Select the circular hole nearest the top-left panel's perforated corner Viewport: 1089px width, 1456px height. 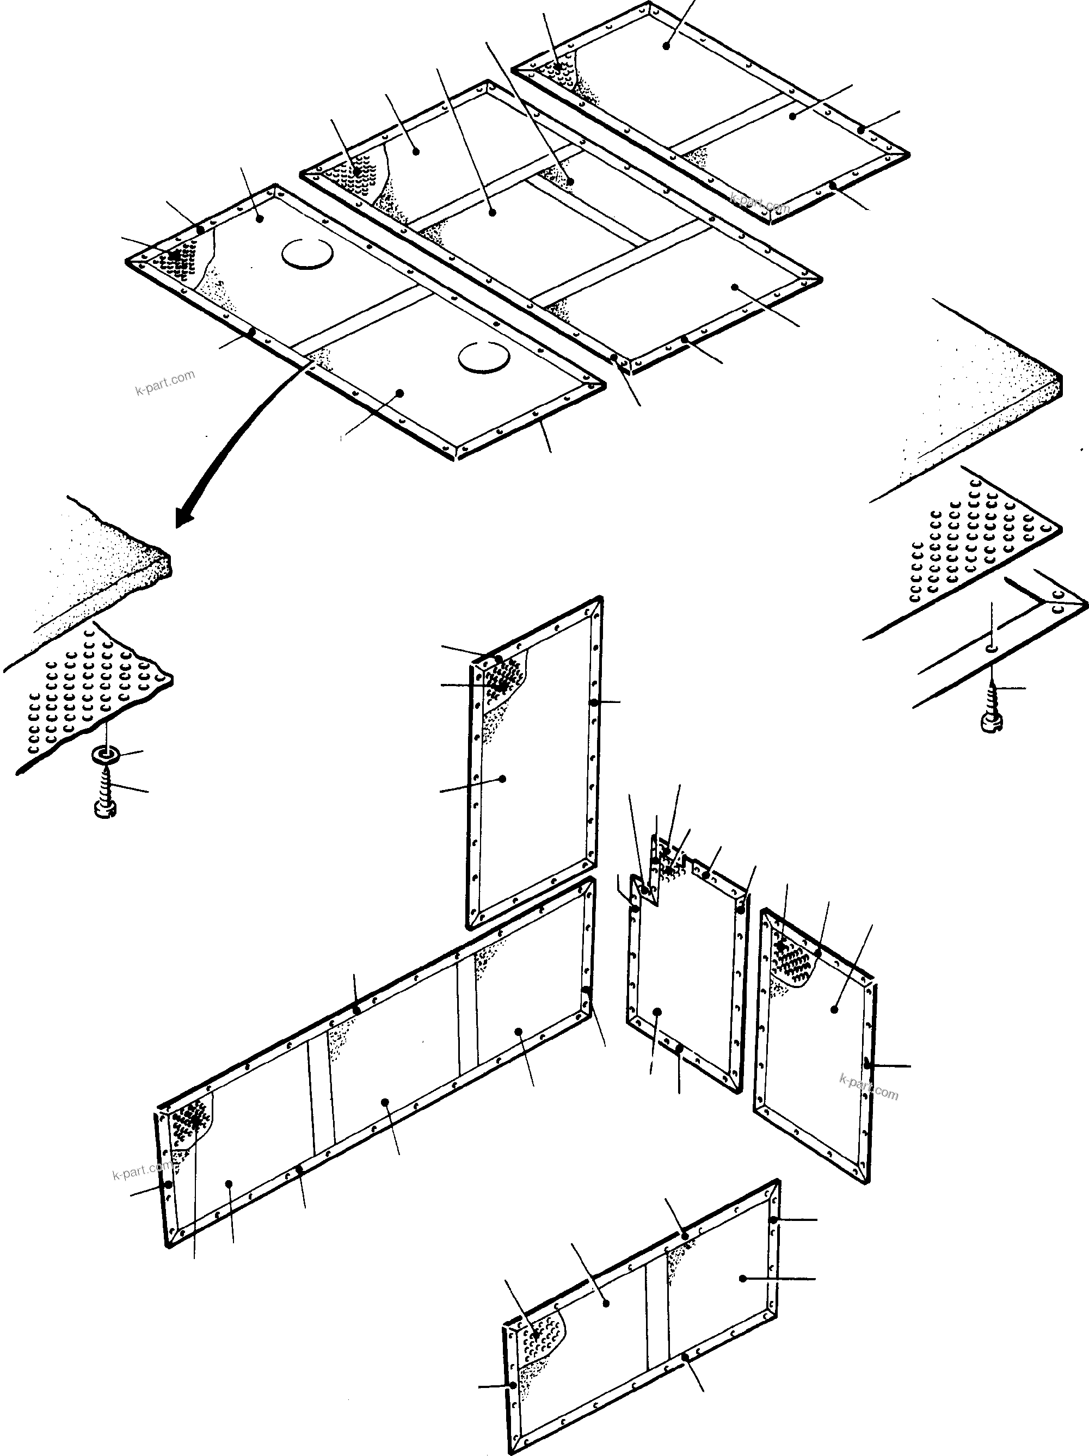tap(308, 253)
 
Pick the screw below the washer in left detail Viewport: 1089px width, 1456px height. tap(106, 794)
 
